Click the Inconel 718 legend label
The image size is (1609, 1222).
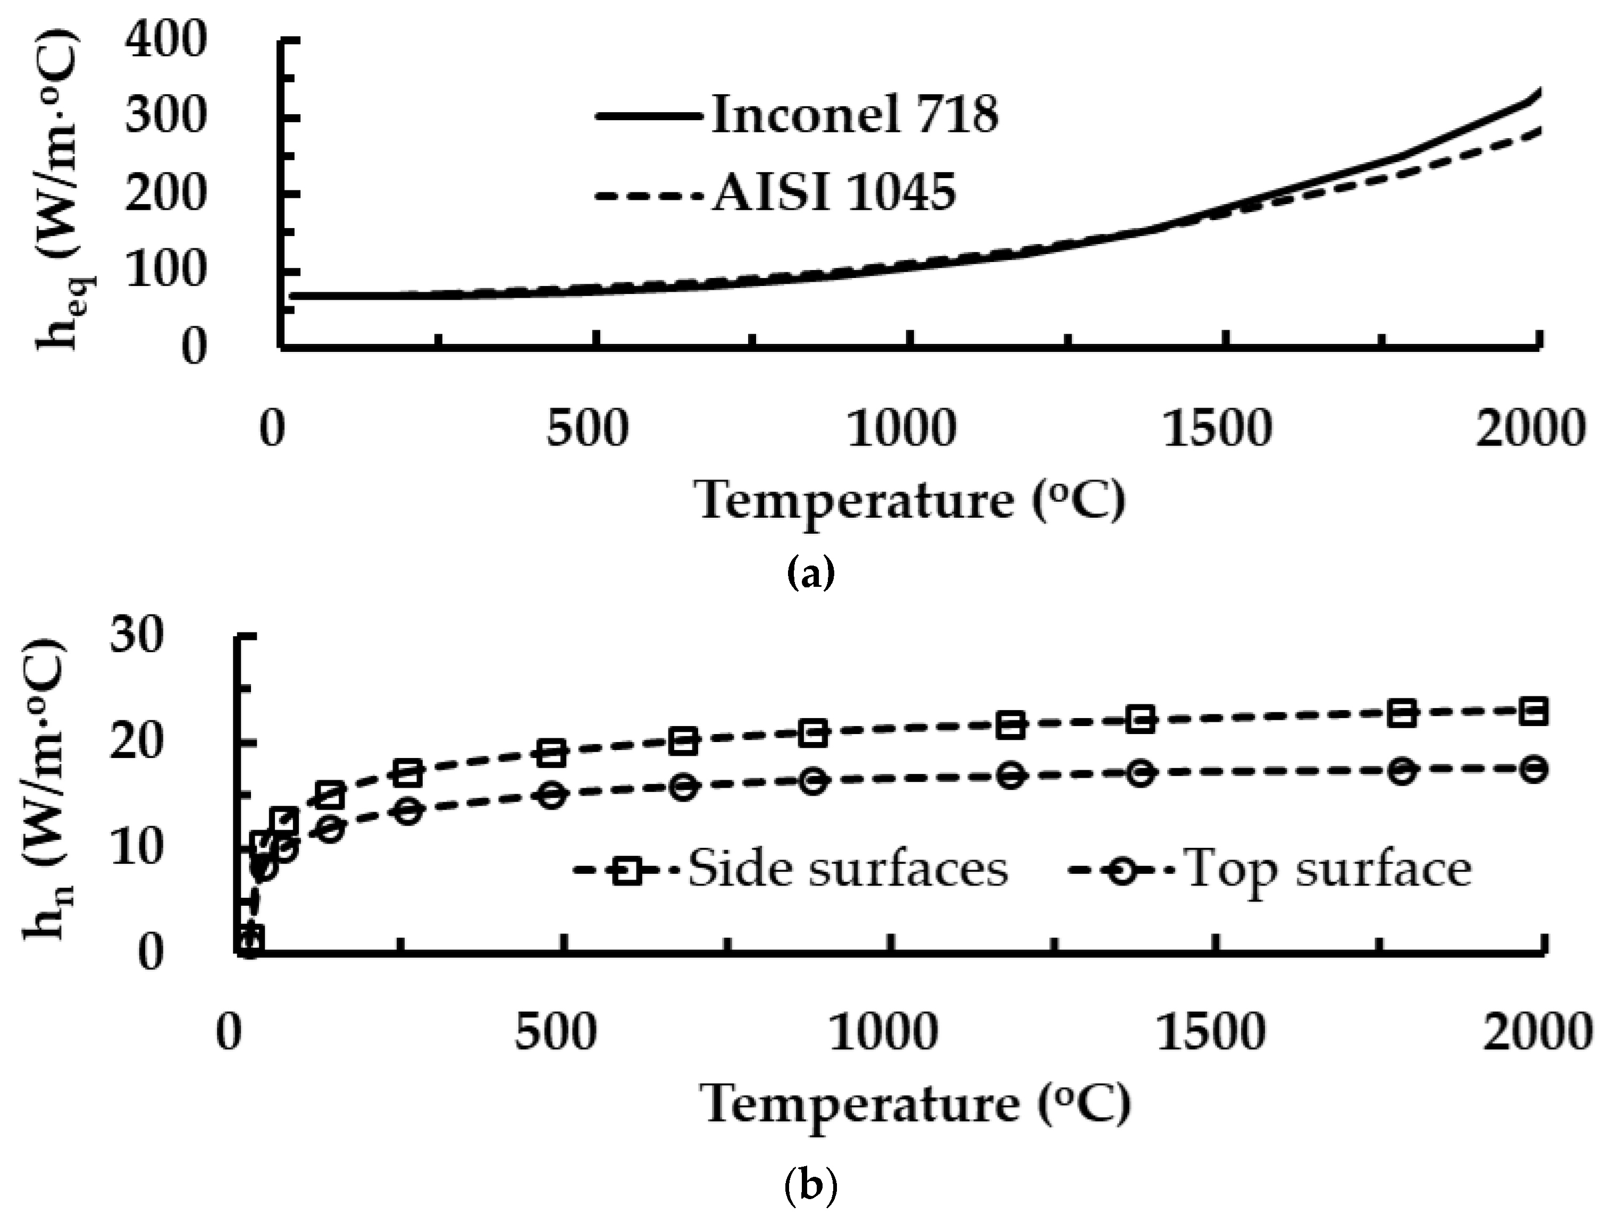pos(854,115)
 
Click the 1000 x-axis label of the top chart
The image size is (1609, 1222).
pos(900,429)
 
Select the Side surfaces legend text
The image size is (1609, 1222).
pos(848,869)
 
